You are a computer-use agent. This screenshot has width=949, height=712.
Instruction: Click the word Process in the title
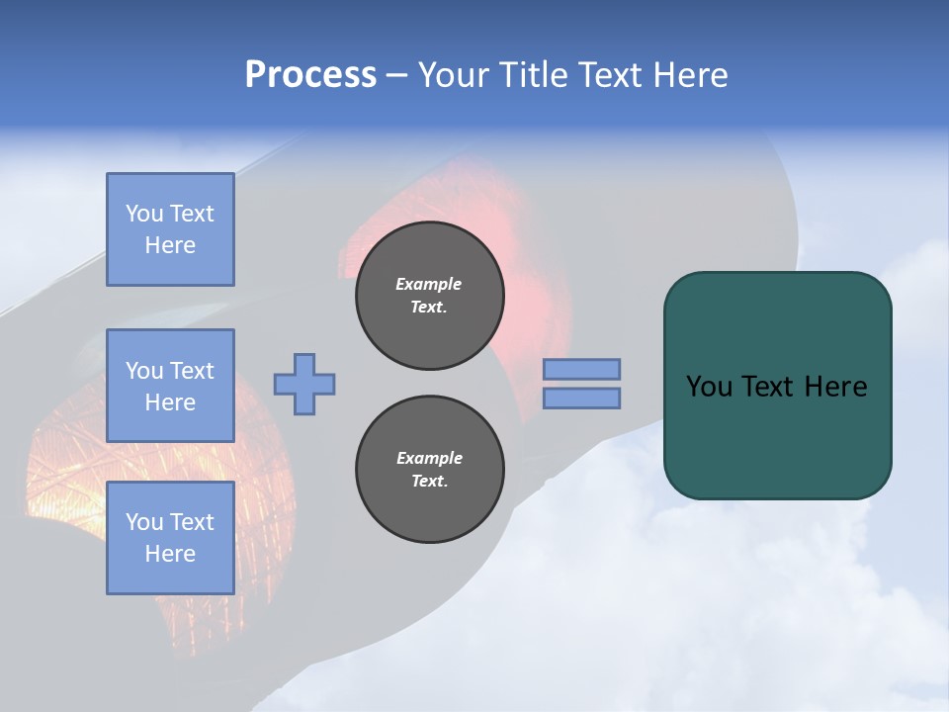pos(310,75)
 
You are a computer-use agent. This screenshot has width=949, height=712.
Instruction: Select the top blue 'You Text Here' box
pos(170,229)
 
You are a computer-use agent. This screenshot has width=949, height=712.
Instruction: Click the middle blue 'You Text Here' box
pos(170,386)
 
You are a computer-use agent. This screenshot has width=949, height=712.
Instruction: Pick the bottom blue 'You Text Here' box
pos(170,538)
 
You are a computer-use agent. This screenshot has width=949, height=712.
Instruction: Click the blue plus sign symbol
pos(304,384)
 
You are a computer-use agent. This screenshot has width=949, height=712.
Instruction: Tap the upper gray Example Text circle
pos(429,296)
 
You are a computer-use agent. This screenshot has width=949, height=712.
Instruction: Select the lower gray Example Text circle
pos(429,470)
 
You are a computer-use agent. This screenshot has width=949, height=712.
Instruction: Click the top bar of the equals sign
pos(582,370)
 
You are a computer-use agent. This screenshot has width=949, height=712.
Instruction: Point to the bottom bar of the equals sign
pos(582,398)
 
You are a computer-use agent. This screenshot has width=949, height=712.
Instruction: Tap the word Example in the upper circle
pos(429,284)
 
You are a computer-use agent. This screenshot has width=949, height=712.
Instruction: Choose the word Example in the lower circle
pos(429,458)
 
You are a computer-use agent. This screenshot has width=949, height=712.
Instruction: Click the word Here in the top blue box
pos(170,245)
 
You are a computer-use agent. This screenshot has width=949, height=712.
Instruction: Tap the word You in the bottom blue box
pos(144,522)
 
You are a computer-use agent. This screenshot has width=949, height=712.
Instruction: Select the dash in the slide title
pos(397,75)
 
